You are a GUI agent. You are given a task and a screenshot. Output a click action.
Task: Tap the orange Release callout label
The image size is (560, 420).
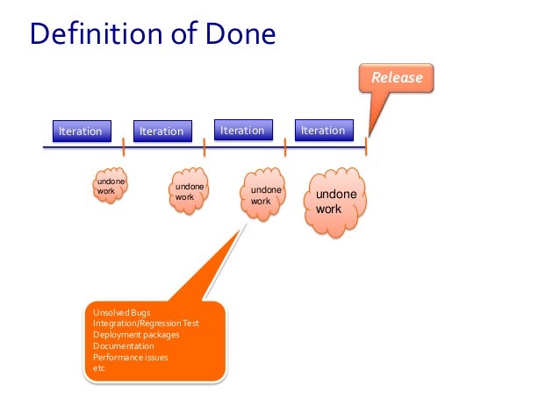pos(397,78)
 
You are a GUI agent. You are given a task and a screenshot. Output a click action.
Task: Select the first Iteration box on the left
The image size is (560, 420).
pos(80,132)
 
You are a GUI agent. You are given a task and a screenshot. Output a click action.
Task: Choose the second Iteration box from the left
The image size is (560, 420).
pos(162,132)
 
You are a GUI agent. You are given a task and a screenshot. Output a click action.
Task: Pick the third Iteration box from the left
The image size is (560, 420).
pos(242,131)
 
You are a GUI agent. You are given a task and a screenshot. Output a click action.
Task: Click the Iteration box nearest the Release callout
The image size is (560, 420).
pos(323,131)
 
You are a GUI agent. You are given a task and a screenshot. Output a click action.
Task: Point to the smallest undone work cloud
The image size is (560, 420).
pos(111,186)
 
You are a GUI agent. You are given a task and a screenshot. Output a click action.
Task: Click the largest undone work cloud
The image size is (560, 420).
pos(335,203)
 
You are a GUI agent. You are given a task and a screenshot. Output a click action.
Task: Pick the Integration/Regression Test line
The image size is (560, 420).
pos(146,324)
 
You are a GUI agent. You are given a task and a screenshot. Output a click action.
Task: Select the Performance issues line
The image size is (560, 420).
pos(130,357)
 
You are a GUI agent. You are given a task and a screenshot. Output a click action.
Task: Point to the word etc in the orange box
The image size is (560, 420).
pos(98,368)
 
